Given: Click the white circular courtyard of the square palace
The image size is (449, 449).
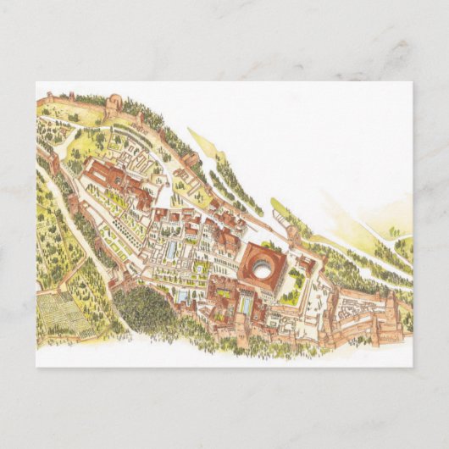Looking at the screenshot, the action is click(x=263, y=270).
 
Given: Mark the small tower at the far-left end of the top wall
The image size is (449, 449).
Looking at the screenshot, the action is click(x=49, y=99).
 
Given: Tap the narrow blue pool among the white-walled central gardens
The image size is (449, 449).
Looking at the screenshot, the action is click(x=173, y=251).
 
